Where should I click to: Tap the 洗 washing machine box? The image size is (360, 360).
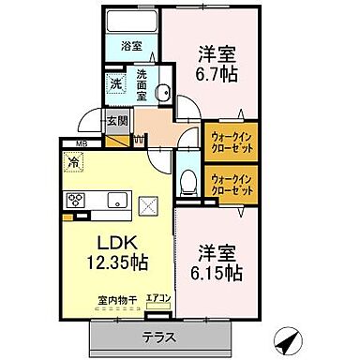[x=114, y=82]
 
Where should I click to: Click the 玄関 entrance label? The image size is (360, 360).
[x=116, y=119]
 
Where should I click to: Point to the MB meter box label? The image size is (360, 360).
[x=68, y=142]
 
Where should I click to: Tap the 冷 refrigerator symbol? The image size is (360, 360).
[x=74, y=161]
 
